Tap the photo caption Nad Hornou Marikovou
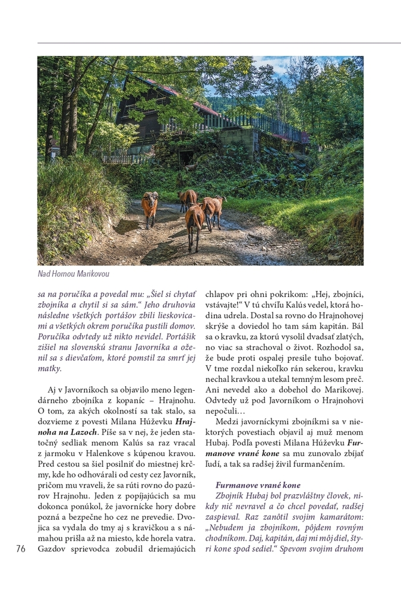pos(74,274)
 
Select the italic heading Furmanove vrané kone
pos(258,485)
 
